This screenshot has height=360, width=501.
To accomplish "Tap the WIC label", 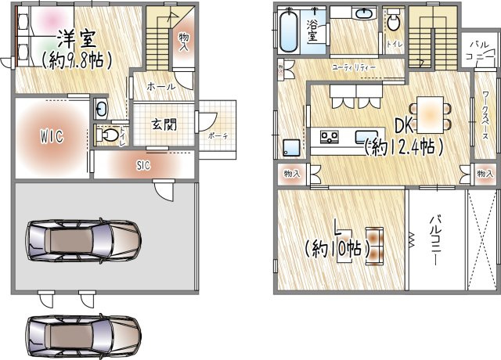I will pos(52,135).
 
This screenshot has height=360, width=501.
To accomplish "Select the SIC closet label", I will pos(143,165).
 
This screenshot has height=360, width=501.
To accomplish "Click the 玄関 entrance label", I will pos(163,124).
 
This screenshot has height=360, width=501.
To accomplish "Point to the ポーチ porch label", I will pos(218,135).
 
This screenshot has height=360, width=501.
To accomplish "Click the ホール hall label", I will pos(161,87).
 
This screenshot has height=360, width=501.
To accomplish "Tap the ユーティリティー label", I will pos(353,69).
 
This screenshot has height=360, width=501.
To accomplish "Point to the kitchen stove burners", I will pos(329,138).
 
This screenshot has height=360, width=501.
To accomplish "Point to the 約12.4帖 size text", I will pos(405,146).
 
